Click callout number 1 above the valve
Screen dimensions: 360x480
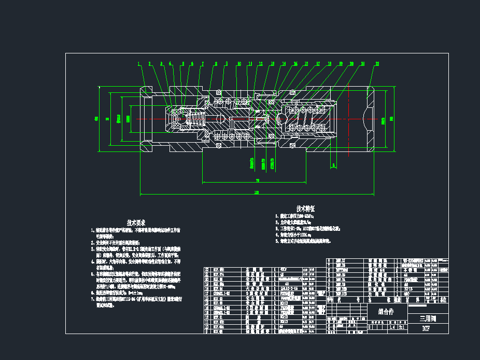point(138,64)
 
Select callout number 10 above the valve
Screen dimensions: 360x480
point(239,64)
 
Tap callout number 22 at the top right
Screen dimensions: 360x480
point(377,64)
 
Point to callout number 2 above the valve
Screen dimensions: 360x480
point(149,64)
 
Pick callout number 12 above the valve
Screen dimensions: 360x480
point(261,64)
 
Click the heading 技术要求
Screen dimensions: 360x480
point(136,222)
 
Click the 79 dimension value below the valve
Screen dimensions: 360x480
point(257,181)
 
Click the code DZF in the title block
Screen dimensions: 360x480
point(426,328)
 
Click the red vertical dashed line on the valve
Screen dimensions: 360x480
point(348,119)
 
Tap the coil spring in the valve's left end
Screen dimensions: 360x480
point(196,121)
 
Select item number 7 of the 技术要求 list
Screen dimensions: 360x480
point(93,299)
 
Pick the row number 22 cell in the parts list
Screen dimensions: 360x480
point(208,270)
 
